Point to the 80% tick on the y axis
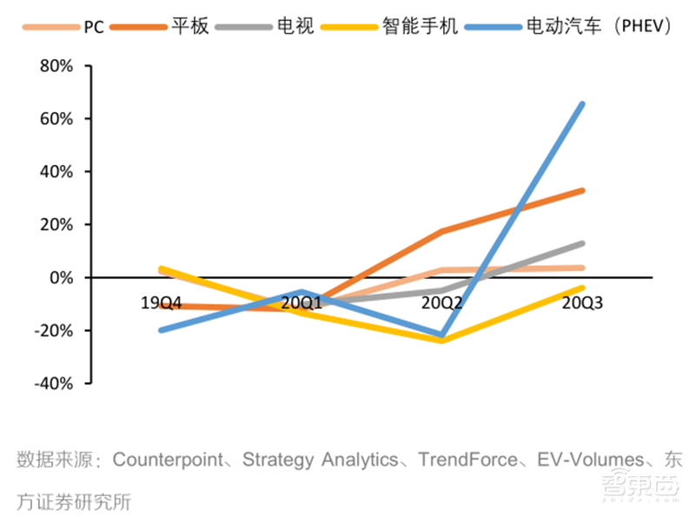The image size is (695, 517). tap(56, 66)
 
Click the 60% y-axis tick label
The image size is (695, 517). tap(56, 119)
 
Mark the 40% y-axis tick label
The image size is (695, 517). tap(56, 172)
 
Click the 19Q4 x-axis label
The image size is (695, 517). tap(162, 303)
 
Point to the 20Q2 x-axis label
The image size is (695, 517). tap(442, 303)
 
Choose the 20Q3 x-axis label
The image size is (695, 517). tap(582, 303)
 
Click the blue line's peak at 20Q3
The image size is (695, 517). tap(582, 104)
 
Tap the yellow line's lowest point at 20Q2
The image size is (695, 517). tap(442, 341)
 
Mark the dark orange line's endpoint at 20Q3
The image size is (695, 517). tap(582, 190)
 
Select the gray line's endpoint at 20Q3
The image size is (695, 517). tap(582, 243)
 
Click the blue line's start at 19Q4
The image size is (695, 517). tap(162, 330)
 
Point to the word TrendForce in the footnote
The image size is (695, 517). tap(470, 458)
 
